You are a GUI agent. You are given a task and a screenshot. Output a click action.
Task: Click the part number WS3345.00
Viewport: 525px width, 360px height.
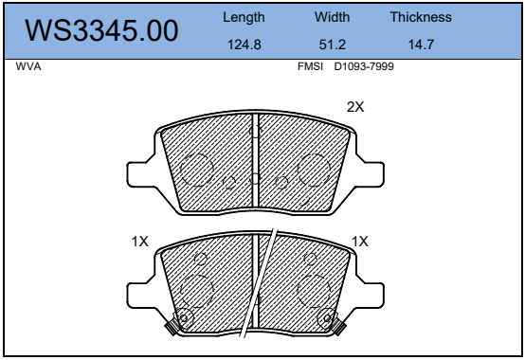(101, 30)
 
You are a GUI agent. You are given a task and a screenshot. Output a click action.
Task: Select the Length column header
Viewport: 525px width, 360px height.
(244, 17)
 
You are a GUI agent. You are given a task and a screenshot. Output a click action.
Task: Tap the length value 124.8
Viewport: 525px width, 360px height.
(244, 45)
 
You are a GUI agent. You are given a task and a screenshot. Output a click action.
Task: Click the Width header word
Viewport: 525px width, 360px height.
(332, 17)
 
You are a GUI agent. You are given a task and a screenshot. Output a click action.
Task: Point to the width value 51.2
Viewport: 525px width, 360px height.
(332, 45)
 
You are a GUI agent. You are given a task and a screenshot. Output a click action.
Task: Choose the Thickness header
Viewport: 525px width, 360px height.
(421, 17)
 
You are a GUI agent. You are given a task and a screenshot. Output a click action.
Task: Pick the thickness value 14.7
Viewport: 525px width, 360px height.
(421, 45)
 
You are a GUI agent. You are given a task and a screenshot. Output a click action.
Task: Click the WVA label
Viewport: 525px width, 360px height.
(28, 66)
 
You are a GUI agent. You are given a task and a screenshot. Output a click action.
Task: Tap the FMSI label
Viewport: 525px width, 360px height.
(311, 66)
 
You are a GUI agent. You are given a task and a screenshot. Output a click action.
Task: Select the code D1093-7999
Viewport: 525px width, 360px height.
(364, 66)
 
